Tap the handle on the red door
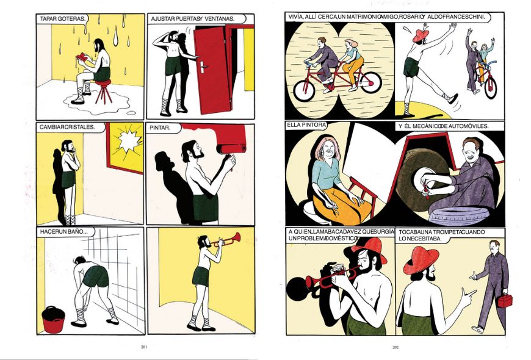[x=203, y=67]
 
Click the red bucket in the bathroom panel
[x=53, y=319]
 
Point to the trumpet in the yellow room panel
[x=226, y=239]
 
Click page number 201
[x=144, y=347]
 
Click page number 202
[x=396, y=347]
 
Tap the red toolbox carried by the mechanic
[x=505, y=301]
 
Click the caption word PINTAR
[x=159, y=128]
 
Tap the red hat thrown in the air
[x=421, y=35]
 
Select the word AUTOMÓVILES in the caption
[x=469, y=126]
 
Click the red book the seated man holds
[x=82, y=56]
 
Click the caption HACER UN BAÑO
[x=63, y=232]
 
